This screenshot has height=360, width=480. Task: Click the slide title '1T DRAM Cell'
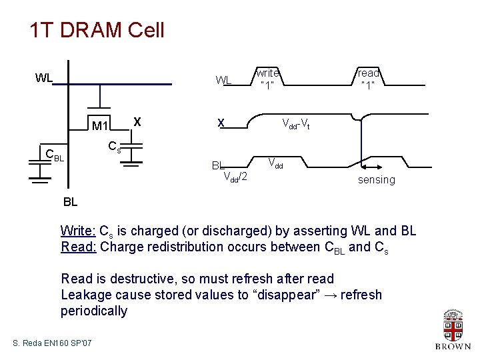(x=97, y=30)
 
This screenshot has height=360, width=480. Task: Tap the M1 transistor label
(x=101, y=126)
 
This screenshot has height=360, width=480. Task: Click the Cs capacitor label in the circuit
(x=115, y=147)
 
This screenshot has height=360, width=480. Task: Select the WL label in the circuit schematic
(x=44, y=77)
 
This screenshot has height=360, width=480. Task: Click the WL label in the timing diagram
(x=223, y=81)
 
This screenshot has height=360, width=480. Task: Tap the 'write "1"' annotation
(x=267, y=78)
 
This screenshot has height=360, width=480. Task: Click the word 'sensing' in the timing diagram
(x=376, y=179)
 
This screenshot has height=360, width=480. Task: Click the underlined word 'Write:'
(x=78, y=231)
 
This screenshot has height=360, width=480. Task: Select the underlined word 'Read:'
(x=78, y=247)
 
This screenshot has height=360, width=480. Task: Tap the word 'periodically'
(x=94, y=311)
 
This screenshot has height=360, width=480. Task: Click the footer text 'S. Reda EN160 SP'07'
(x=53, y=343)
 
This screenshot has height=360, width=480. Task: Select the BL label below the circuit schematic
(x=70, y=201)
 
